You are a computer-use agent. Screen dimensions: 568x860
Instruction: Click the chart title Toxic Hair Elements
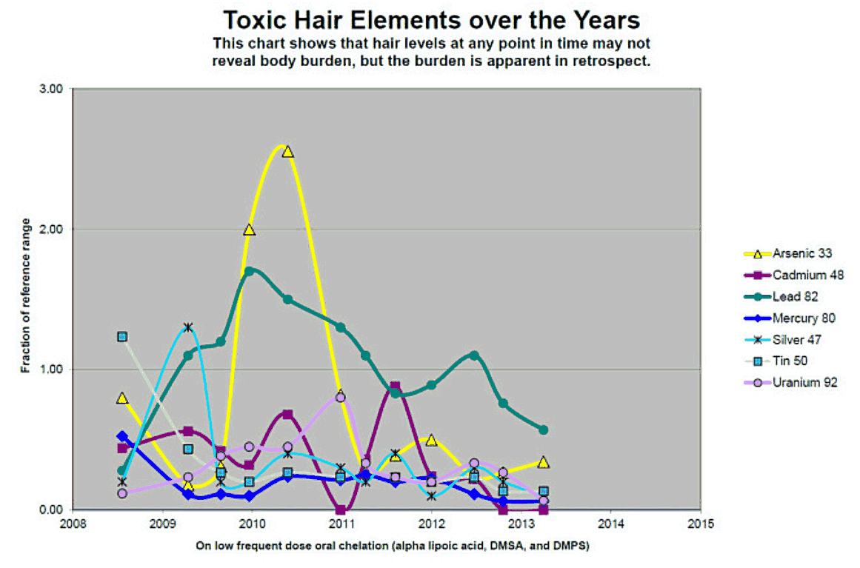tap(432, 19)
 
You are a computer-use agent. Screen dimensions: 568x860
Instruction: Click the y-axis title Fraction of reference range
tap(25, 296)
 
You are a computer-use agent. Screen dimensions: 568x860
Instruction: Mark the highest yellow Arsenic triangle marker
tap(287, 152)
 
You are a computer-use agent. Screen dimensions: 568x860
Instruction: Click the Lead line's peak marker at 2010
tap(250, 271)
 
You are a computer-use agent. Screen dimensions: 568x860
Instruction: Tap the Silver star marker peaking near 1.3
tap(188, 327)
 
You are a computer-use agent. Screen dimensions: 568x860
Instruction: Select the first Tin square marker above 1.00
tap(122, 336)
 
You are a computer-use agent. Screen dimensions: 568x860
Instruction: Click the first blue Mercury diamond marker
tap(122, 436)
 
